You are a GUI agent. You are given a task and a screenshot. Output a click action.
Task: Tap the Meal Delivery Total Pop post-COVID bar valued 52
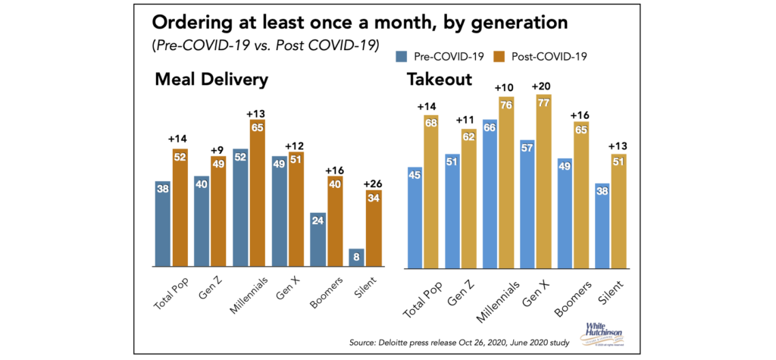(x=181, y=211)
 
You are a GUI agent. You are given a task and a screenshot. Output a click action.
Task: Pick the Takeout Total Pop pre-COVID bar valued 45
(x=415, y=218)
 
